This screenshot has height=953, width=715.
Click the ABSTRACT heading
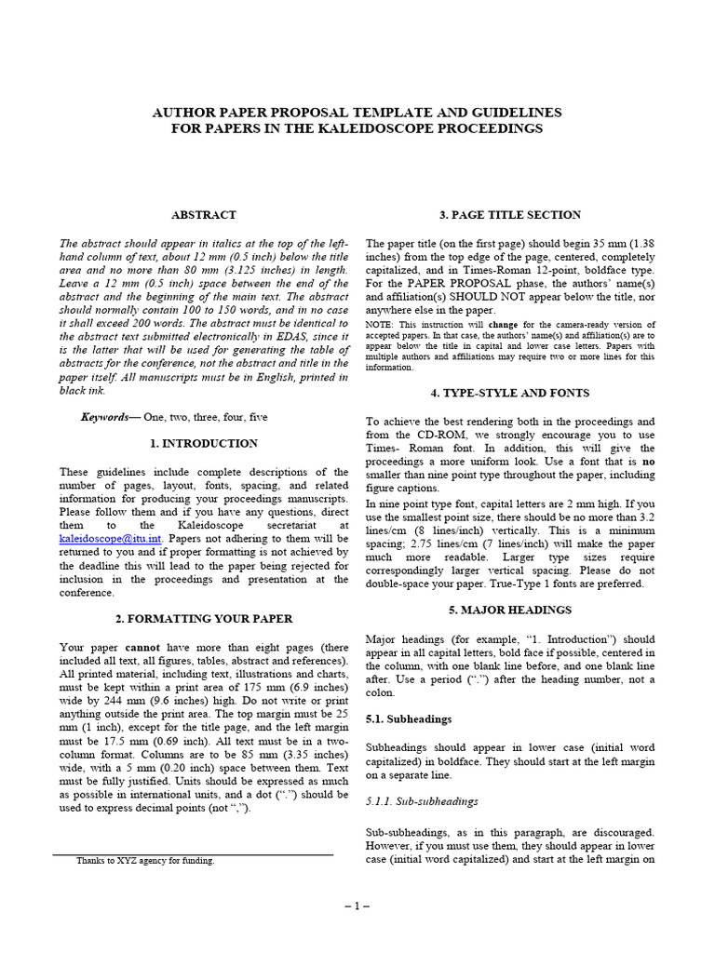[203, 215]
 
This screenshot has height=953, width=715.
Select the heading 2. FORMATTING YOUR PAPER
[203, 618]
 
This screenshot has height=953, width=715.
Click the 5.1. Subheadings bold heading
[409, 718]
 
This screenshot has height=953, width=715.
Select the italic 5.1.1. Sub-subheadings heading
[422, 800]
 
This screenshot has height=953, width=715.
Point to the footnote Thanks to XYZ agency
[145, 861]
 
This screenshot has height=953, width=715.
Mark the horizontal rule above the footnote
[192, 854]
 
